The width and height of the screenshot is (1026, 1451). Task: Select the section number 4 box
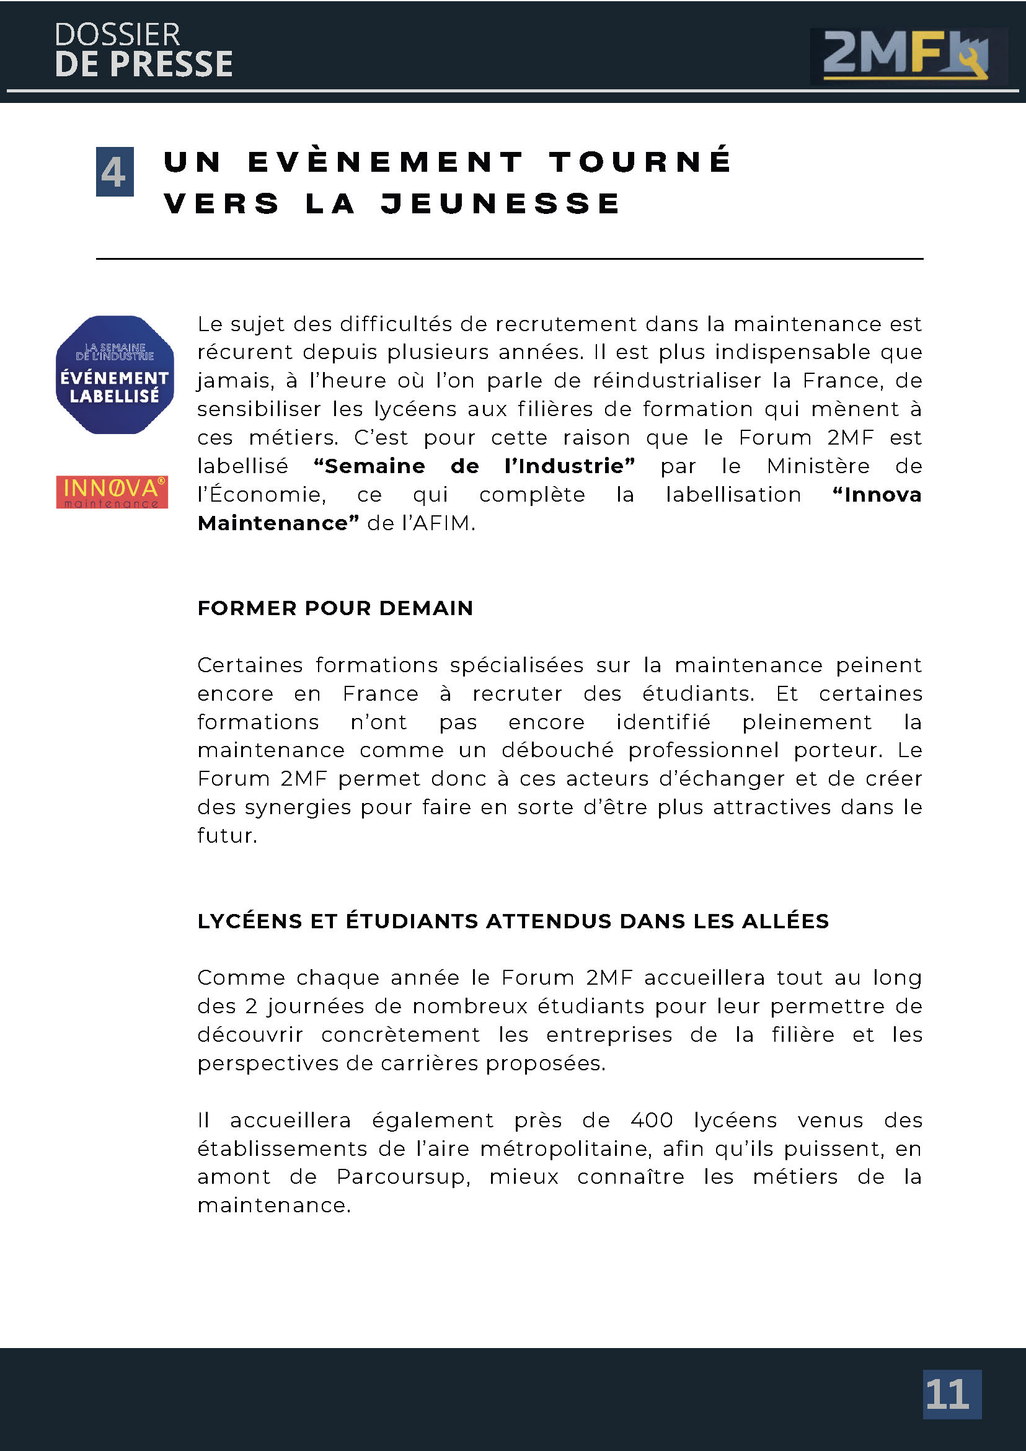click(114, 172)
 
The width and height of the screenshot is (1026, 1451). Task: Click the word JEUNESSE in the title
click(500, 203)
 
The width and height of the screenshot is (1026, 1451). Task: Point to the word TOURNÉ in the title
click(640, 162)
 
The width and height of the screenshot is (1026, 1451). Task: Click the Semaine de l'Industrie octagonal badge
click(114, 375)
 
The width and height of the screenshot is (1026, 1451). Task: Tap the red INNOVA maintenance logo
click(112, 492)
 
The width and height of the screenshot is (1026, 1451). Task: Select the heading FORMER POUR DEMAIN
click(335, 608)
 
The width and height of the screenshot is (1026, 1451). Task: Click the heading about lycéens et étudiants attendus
click(512, 921)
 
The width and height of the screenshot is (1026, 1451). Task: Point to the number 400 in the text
click(652, 1120)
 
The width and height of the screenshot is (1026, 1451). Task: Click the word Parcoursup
click(403, 1177)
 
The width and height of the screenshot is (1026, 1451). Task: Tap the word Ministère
click(818, 466)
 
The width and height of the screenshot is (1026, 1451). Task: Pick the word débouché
click(557, 750)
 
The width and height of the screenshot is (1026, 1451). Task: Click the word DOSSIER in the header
click(117, 35)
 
